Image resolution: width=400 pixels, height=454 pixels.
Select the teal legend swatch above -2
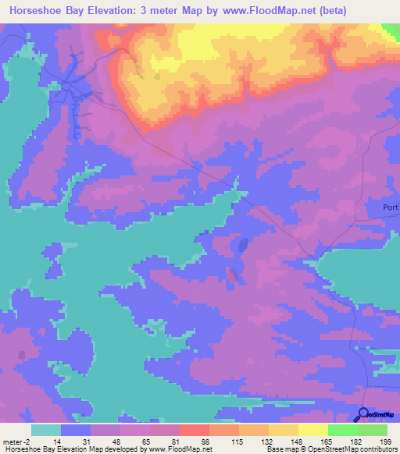46,430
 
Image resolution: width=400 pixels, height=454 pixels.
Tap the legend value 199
387,442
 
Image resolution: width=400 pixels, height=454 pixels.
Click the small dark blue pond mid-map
243,246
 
